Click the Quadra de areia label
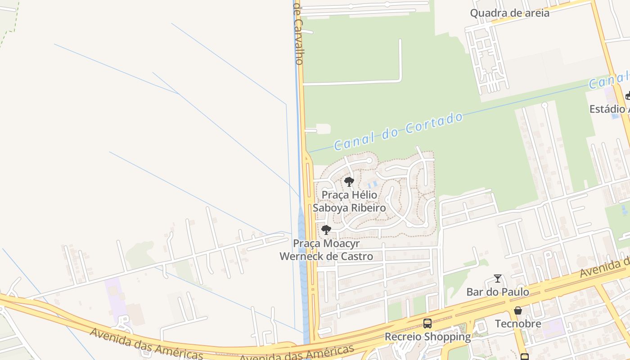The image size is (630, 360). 509,13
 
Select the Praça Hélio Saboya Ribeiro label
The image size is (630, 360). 349,202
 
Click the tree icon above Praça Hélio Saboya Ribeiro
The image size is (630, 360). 349,182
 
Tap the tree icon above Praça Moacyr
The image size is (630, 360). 326,230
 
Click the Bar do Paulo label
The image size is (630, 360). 498,292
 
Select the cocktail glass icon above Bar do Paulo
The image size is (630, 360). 498,279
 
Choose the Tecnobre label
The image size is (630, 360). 518,324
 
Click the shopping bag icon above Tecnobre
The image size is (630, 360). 518,310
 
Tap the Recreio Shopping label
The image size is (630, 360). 427,337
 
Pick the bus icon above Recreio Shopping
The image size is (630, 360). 427,323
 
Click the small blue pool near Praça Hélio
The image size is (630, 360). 372,184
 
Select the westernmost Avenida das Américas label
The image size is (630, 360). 146,344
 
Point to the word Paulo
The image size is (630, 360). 516,292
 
